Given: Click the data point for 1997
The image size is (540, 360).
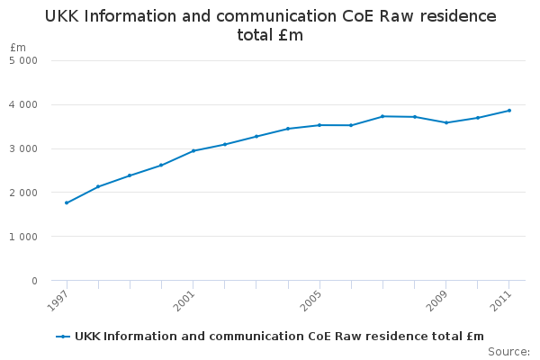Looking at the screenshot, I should [x=67, y=202].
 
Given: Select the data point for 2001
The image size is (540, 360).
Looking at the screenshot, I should [x=193, y=150].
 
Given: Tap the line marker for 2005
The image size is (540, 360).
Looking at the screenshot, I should [x=319, y=125].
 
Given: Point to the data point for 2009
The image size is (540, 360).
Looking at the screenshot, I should [x=446, y=122].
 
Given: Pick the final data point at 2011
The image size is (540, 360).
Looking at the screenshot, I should [x=509, y=111].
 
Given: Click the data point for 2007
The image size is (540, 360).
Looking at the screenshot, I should [x=382, y=116].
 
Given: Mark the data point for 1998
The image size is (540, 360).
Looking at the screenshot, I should [x=98, y=186].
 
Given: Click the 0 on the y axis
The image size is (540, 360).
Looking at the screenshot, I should [x=34, y=281].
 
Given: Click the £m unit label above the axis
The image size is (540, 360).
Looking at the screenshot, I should [x=18, y=47].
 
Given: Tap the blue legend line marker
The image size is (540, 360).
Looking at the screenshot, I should [x=63, y=337].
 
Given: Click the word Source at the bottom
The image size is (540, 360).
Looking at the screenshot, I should [x=508, y=351].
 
